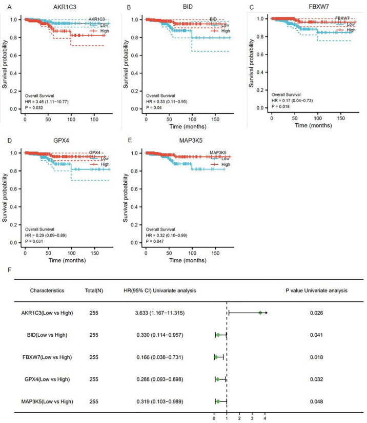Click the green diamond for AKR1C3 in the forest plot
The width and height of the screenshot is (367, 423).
pyautogui.click(x=260, y=313)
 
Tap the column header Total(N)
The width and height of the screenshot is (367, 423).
pyautogui.click(x=94, y=291)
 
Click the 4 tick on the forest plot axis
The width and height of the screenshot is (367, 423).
pyautogui.click(x=264, y=418)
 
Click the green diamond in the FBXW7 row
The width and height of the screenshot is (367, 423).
pyautogui.click(x=216, y=357)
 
